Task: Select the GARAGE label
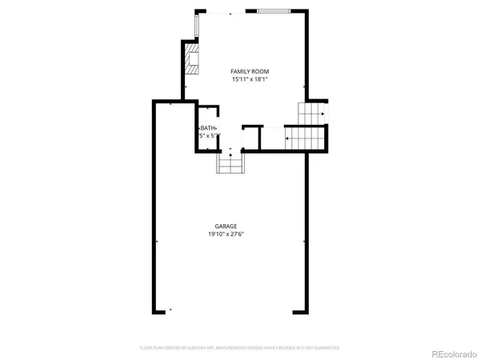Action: pos(226,226)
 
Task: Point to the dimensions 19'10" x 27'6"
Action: pos(226,234)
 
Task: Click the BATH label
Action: pos(208,128)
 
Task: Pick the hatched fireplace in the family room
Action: pos(191,58)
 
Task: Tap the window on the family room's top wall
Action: pos(274,11)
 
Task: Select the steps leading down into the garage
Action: pos(231,162)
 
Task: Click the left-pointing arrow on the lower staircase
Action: pos(286,138)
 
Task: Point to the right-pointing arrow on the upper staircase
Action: pos(321,114)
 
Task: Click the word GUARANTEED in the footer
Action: pos(326,348)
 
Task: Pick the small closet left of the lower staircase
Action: pos(251,138)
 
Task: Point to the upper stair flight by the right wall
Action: pos(311,113)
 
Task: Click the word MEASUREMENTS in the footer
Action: pos(238,348)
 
